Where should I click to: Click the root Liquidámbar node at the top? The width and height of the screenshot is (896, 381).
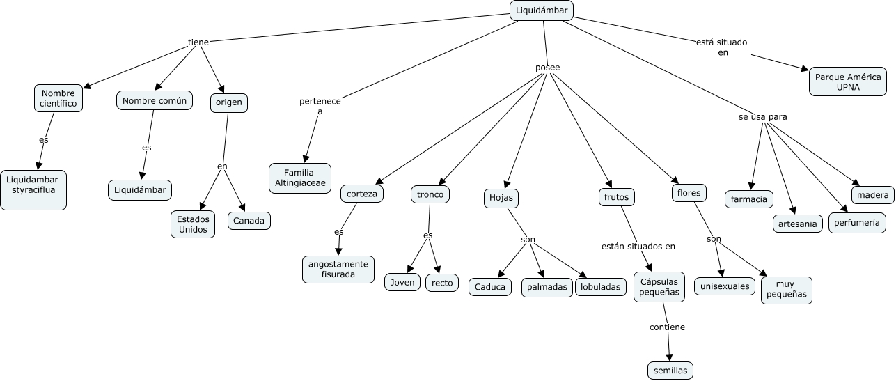tap(541, 10)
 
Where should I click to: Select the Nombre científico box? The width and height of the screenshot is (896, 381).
tap(58, 98)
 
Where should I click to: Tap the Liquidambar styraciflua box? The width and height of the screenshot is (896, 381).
tap(33, 190)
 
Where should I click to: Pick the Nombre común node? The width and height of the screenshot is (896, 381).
tap(155, 100)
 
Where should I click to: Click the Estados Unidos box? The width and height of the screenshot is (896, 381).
tap(193, 224)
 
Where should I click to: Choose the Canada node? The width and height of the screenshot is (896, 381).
tap(249, 221)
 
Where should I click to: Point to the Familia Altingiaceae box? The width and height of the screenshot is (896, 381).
tap(300, 178)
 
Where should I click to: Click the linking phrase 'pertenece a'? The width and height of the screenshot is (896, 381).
tap(320, 107)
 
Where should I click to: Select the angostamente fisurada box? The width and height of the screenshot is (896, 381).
tap(338, 270)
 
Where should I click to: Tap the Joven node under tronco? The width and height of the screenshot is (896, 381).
tap(402, 283)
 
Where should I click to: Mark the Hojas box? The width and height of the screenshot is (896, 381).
tap(501, 198)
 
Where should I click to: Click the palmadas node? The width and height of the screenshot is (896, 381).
tap(547, 288)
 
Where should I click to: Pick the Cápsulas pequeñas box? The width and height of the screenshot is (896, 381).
tap(659, 287)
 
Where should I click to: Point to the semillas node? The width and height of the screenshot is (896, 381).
tap(670, 371)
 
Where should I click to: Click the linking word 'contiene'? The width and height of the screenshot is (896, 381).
tap(667, 327)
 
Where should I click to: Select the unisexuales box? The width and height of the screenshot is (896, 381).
tap(725, 286)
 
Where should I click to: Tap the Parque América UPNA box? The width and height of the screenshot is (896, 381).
tap(848, 81)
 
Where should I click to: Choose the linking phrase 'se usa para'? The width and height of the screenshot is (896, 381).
tap(763, 117)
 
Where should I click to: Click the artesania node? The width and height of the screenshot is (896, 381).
tap(798, 224)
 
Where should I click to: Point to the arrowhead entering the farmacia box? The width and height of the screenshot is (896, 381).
tap(752, 186)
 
